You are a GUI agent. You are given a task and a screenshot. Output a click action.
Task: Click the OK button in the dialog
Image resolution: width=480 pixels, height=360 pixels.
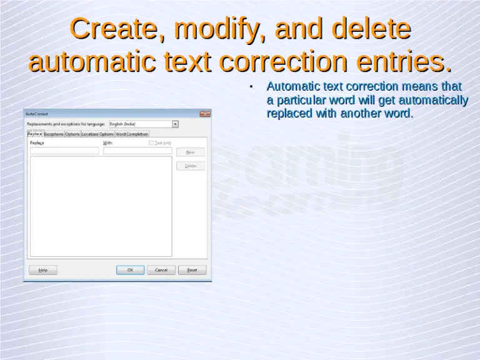[x=130, y=270]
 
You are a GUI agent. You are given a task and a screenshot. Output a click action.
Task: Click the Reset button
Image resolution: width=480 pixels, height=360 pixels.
[x=192, y=270]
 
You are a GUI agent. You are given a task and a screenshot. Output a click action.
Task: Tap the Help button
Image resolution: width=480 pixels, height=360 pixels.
[x=42, y=270]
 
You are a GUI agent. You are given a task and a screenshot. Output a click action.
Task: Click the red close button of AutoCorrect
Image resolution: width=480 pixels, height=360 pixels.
[x=204, y=114]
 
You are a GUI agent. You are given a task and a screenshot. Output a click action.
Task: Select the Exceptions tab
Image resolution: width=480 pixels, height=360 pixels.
[x=54, y=134]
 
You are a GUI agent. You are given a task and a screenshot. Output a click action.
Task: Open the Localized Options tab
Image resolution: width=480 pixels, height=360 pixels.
[x=97, y=134]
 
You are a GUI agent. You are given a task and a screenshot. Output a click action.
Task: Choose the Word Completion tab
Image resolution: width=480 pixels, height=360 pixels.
[x=132, y=134]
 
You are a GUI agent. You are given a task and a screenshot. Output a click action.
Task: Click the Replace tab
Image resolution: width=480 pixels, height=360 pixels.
[x=35, y=134]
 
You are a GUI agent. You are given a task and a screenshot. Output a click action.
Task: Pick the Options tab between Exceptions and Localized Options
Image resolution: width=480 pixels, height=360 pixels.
[x=72, y=134]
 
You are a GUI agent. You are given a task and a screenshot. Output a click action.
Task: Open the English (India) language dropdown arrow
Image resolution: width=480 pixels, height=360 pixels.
[x=175, y=124]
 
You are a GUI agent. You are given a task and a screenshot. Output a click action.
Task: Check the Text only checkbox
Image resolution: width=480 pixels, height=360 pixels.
[x=151, y=143]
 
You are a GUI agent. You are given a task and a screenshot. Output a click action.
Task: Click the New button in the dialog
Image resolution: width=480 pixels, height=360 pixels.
[x=191, y=152]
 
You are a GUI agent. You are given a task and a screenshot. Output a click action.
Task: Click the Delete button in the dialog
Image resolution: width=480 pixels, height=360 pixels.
[x=191, y=166]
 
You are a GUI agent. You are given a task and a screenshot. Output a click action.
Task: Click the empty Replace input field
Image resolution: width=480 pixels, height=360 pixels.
[x=64, y=151]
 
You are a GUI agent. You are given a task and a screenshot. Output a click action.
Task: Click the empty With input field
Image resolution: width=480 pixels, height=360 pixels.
[x=137, y=151]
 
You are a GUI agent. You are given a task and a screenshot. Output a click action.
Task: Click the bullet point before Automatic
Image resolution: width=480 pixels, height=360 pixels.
[x=250, y=87]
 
